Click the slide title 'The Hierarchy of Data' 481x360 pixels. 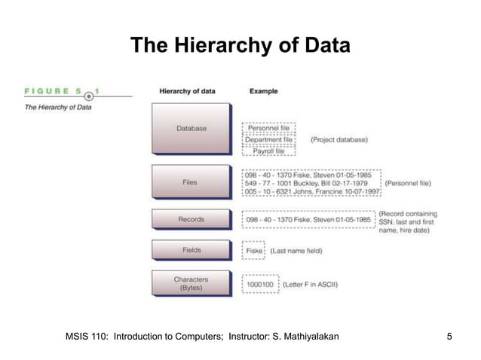pyautogui.click(x=240, y=47)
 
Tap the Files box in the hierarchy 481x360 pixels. pyautogui.click(x=191, y=182)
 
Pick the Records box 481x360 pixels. pyautogui.click(x=191, y=219)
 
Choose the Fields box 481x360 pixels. pyautogui.click(x=191, y=250)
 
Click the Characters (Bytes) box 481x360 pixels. pyautogui.click(x=191, y=284)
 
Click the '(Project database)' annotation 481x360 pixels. pyautogui.click(x=339, y=140)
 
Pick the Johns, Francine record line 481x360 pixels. pyautogui.click(x=311, y=192)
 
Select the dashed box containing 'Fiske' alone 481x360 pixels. pyautogui.click(x=253, y=250)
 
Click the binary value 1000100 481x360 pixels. pyautogui.click(x=261, y=285)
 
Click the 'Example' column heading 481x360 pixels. pyautogui.click(x=263, y=92)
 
